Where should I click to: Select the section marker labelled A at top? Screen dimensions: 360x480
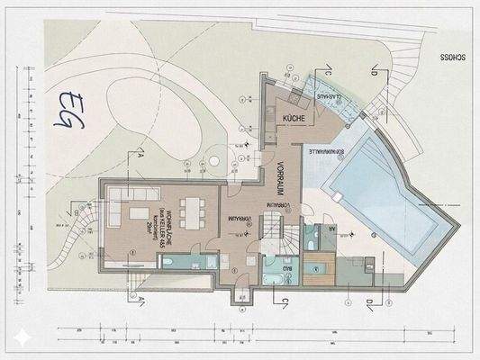point(141,154)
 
